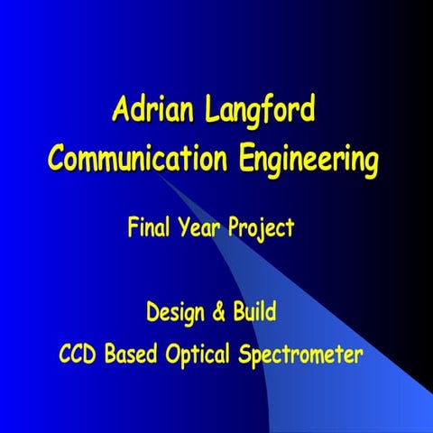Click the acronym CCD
[x=78, y=353]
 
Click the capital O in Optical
[x=173, y=353]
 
